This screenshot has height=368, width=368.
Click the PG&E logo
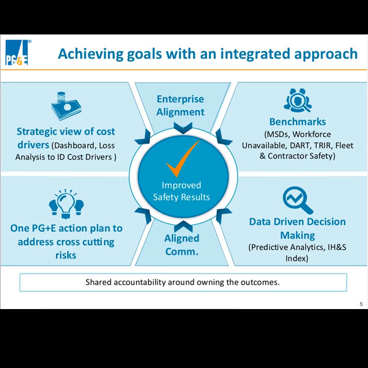pos(17,54)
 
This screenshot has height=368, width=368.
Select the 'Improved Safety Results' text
pos(182,191)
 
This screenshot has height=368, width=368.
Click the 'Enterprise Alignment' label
pos(180,105)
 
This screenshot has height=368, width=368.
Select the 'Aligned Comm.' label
pos(182,245)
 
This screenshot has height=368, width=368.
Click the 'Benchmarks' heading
pos(298,122)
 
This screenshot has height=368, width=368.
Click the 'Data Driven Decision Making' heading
pos(298,228)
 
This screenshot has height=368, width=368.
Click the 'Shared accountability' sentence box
pos(183,282)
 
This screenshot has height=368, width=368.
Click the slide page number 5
pos(361,304)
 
